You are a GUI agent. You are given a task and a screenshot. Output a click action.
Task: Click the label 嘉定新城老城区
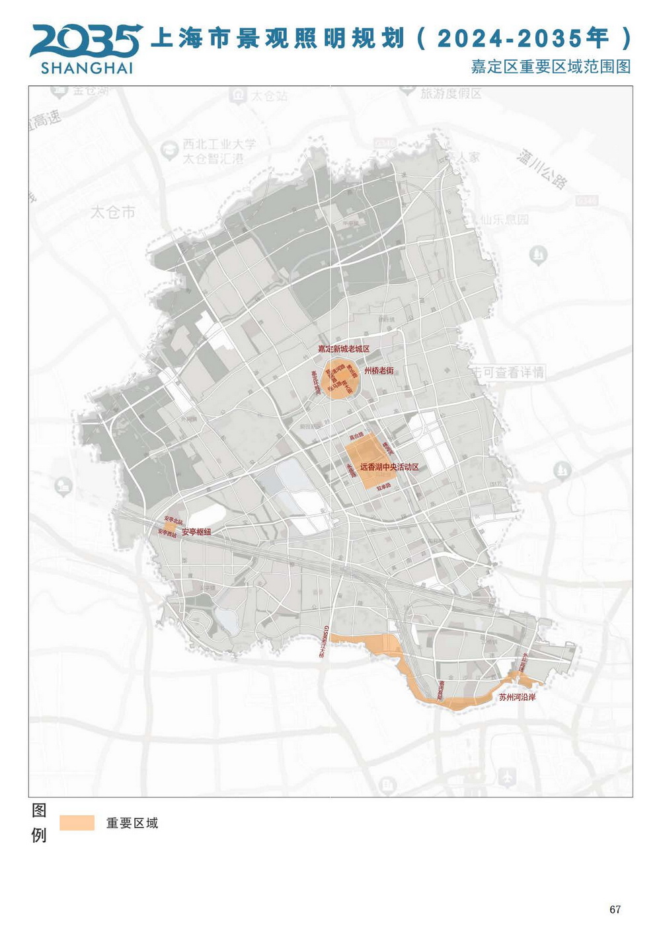point(343,349)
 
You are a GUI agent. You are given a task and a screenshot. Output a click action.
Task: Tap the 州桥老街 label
point(379,371)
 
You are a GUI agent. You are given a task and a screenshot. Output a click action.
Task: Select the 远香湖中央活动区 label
point(389,467)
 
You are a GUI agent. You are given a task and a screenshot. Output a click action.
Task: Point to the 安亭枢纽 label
point(196,532)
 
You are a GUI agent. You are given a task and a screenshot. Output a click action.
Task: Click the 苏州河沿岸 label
point(517,697)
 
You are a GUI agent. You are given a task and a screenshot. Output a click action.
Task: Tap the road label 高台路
point(356,437)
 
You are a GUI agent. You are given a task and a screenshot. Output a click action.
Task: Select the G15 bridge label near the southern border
point(323,641)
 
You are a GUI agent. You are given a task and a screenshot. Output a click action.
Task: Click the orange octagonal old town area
point(339,381)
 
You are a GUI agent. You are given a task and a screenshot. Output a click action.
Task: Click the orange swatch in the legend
point(77,823)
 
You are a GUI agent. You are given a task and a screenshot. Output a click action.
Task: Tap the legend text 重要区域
point(132,823)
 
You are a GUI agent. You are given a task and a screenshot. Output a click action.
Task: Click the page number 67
point(615,910)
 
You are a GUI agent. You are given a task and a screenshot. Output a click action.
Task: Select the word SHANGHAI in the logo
point(87,68)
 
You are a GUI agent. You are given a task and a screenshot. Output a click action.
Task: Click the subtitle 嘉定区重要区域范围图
point(551,67)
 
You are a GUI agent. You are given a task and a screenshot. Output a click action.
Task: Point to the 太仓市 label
point(113,212)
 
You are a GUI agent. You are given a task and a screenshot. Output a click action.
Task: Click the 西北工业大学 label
point(219,144)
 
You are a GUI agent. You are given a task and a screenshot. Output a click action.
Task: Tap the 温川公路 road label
point(542,168)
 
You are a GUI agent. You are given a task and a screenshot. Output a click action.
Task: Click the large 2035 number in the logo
point(85,41)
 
